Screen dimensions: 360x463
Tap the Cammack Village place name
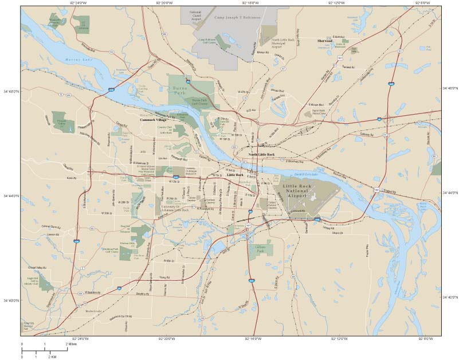[x=152, y=120]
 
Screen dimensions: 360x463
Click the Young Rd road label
[x=164, y=277]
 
